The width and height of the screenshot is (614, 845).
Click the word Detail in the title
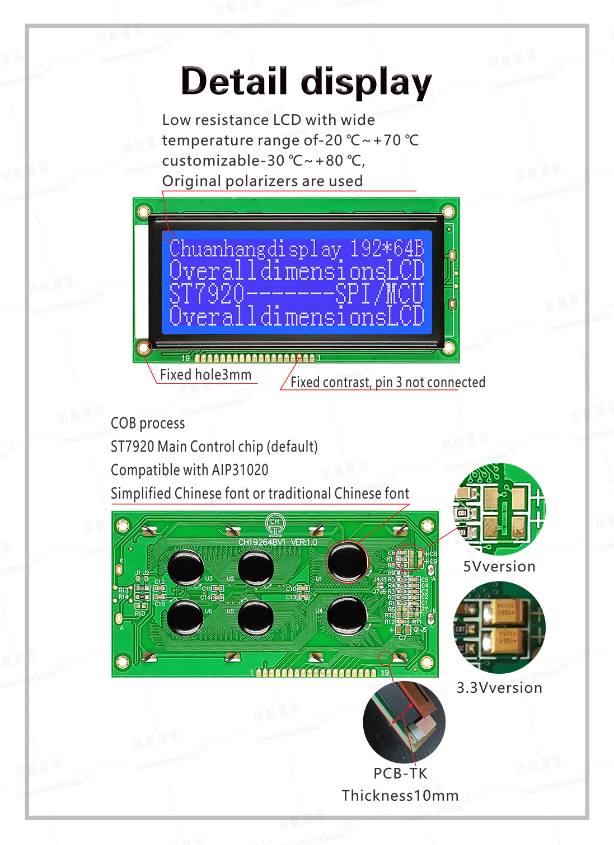point(234,81)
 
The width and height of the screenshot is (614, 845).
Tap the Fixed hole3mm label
point(205,374)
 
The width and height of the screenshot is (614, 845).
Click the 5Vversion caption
point(499,566)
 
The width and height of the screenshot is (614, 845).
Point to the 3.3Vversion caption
point(499,688)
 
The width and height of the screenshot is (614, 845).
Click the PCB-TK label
point(400,773)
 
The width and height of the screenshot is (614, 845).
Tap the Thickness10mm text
point(400,795)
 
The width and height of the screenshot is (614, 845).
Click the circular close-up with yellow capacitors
point(499,627)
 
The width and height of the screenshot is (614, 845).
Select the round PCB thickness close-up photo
point(404,722)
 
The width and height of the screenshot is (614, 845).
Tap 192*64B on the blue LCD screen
point(387,248)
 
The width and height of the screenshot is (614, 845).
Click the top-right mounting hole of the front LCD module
point(448,212)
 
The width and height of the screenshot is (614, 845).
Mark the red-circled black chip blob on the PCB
point(347,561)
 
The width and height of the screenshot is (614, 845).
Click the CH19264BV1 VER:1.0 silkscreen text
point(278,542)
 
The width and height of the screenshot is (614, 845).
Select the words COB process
point(148,423)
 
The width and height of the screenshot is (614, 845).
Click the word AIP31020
point(240,470)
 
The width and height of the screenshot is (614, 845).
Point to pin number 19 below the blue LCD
point(186,358)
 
